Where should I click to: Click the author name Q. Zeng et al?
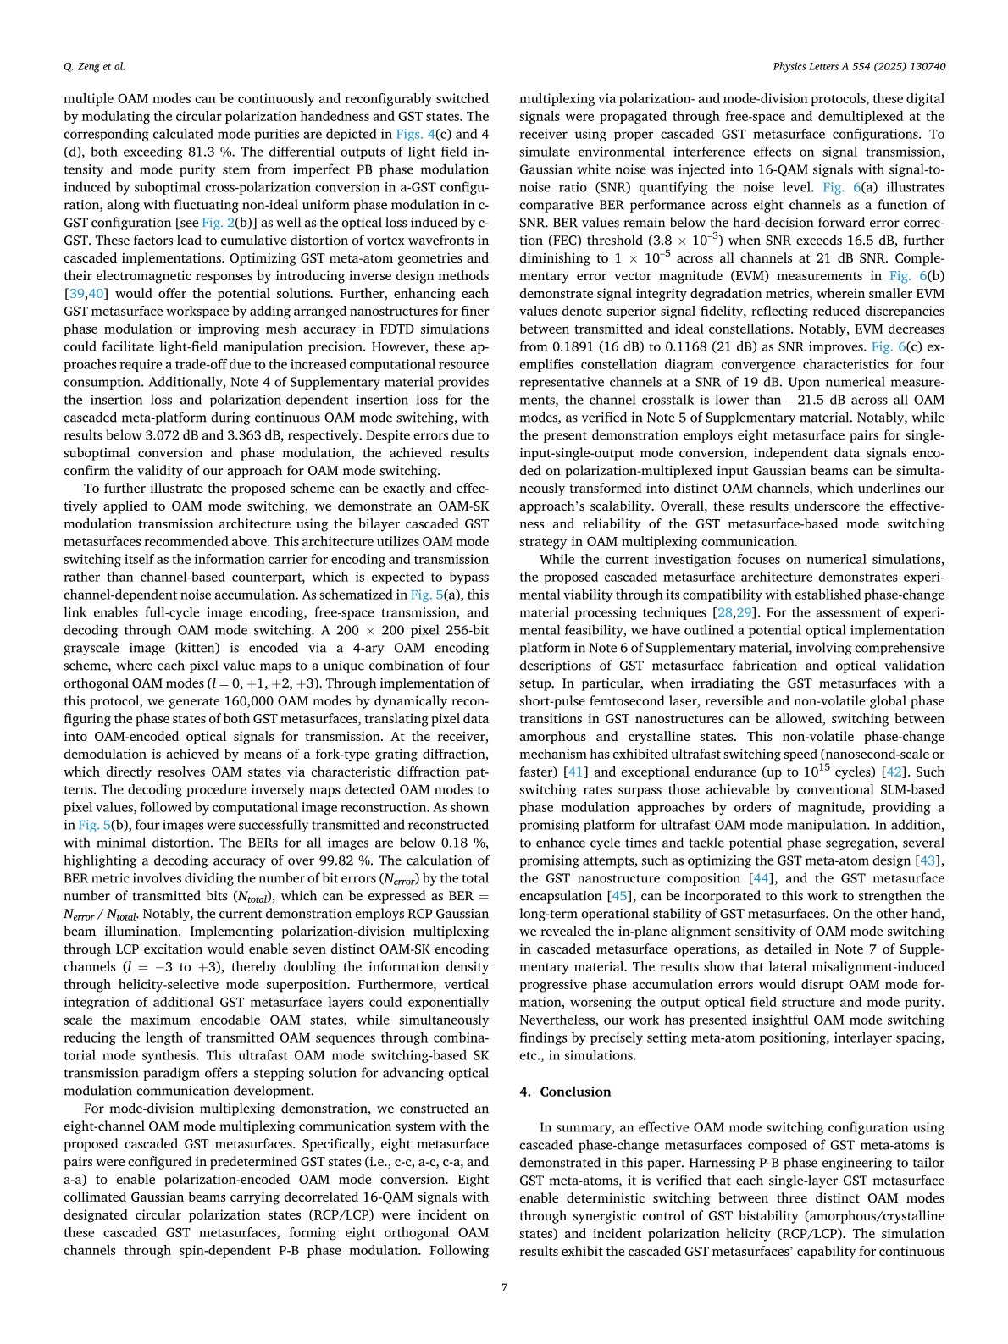[x=94, y=66]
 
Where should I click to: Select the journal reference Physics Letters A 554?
[x=859, y=66]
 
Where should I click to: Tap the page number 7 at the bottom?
[x=504, y=1287]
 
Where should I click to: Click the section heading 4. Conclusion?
[x=564, y=1092]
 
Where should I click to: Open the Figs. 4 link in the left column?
[x=414, y=134]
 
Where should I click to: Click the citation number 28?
[x=722, y=612]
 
